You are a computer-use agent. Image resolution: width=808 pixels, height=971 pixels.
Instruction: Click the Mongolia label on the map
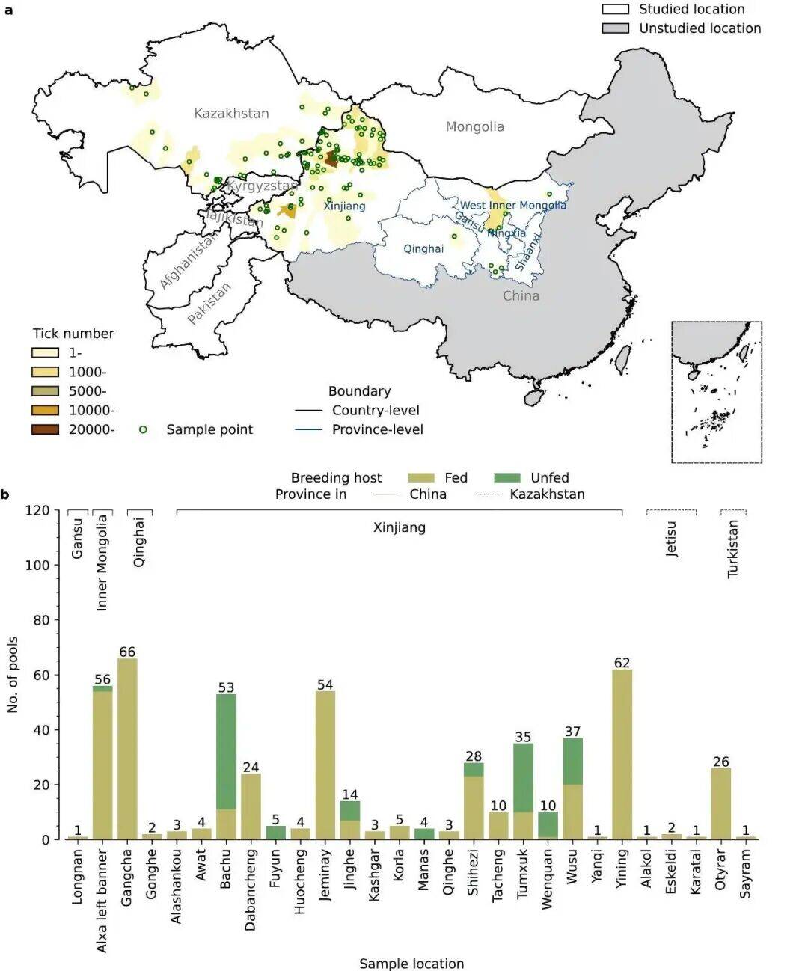coord(474,126)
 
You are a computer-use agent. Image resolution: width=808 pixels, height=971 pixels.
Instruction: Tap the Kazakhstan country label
coord(231,113)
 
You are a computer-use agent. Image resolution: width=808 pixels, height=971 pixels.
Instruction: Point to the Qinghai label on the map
coord(423,248)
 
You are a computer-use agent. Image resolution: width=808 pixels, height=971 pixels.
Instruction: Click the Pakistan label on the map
coord(209,302)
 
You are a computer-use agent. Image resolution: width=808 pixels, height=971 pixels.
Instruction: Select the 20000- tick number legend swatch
coord(45,429)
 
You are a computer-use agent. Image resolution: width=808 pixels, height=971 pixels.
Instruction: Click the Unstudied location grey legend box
coord(615,28)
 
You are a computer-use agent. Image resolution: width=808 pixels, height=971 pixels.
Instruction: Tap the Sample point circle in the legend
coord(143,429)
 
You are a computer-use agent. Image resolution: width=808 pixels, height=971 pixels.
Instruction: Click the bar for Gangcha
coord(127,748)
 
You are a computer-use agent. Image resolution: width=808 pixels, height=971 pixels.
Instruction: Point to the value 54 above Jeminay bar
coord(325,684)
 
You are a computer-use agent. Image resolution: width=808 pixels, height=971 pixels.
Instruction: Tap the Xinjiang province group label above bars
coord(399,527)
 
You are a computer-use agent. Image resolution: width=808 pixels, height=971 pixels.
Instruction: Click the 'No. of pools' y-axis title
coord(13,674)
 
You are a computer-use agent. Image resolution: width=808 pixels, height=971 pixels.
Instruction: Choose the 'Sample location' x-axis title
coord(411,964)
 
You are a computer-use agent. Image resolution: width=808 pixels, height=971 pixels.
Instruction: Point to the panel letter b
coord(5,494)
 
